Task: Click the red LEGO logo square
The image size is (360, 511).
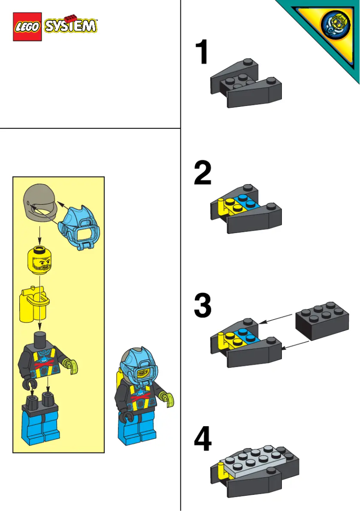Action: click(x=27, y=26)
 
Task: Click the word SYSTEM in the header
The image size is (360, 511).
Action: click(x=70, y=26)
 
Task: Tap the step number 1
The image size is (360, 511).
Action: click(x=203, y=53)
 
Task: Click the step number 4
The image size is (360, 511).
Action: click(x=203, y=439)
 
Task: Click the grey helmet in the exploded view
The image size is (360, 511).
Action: click(x=39, y=204)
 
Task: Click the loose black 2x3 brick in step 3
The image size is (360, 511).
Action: click(x=321, y=319)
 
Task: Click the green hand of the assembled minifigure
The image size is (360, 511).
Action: click(x=169, y=399)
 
